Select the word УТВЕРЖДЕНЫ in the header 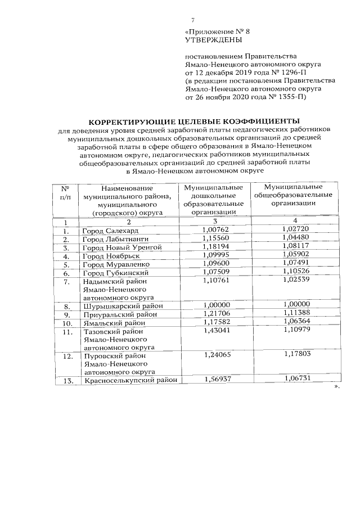[x=213, y=40]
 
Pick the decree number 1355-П [x=291, y=96]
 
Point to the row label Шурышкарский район [x=123, y=307]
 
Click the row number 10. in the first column [x=67, y=323]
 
